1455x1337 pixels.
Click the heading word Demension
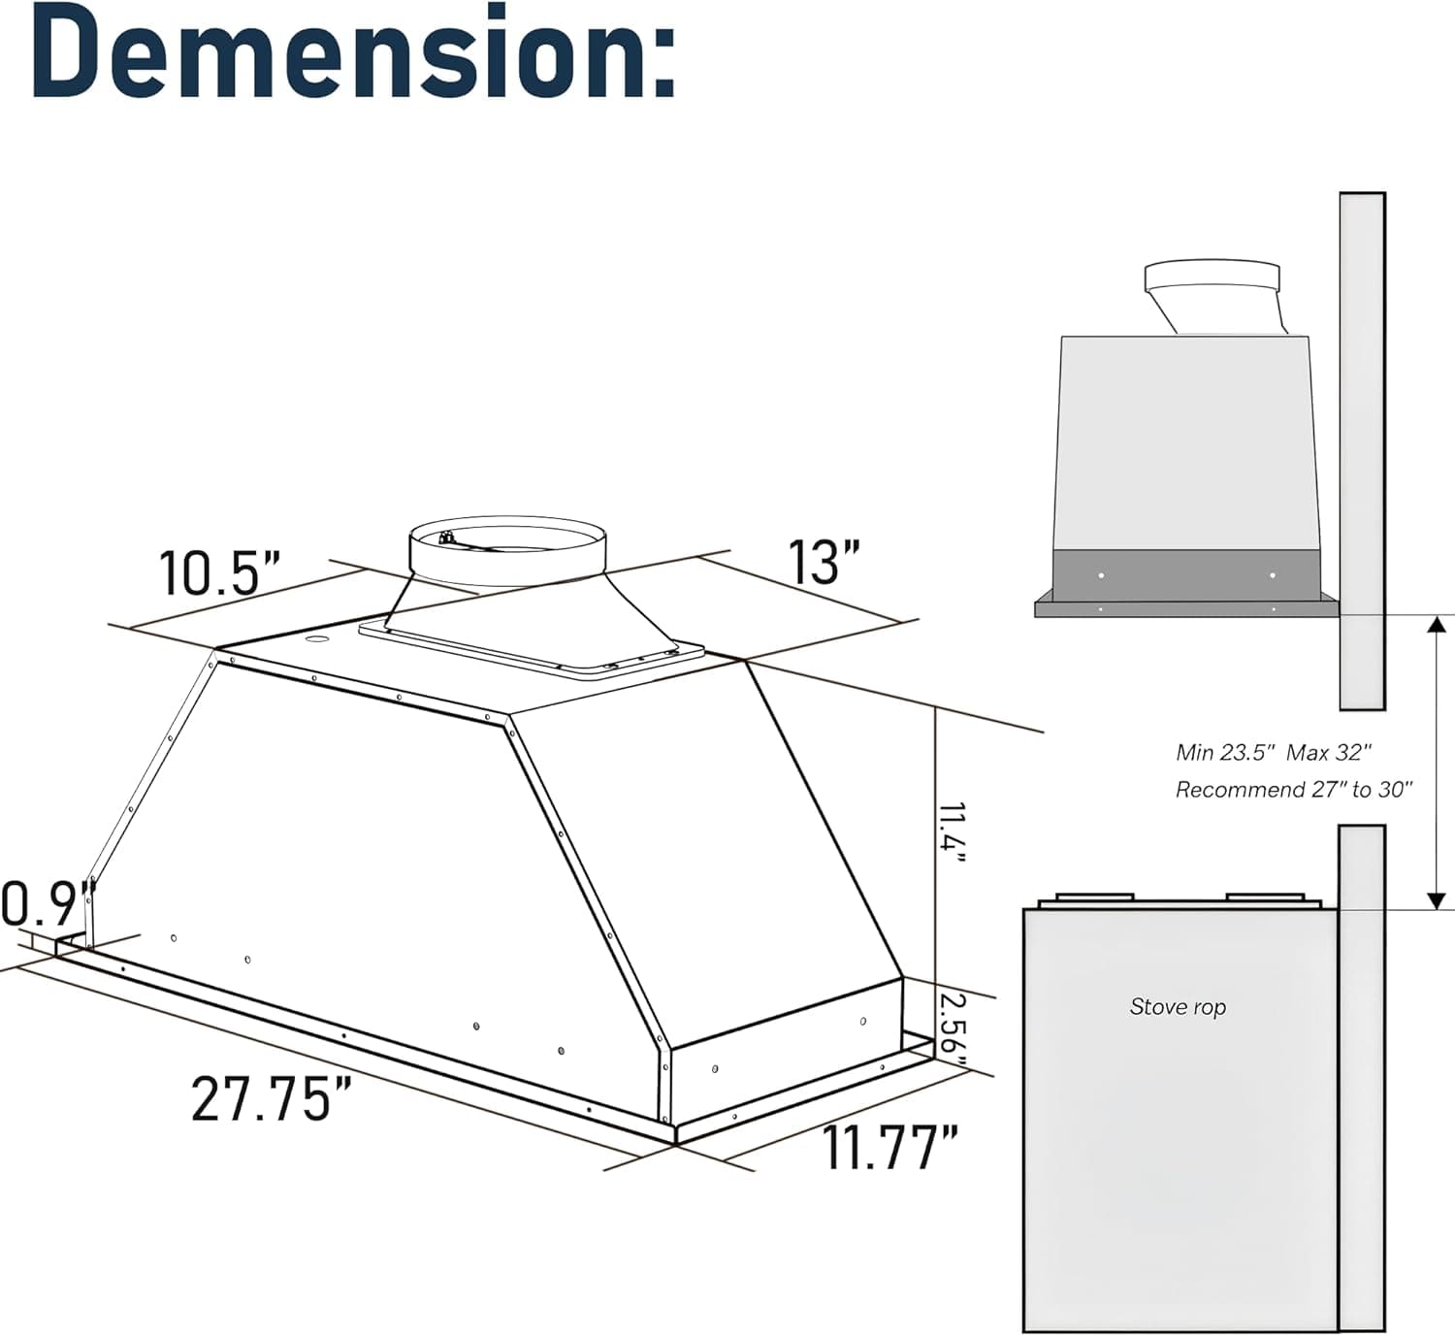click(354, 53)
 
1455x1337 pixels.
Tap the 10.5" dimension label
click(219, 572)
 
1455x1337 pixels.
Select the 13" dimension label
click(824, 562)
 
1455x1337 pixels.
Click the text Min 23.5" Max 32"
click(1274, 752)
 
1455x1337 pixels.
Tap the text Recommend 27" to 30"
click(1294, 790)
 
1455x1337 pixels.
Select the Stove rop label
click(1178, 1007)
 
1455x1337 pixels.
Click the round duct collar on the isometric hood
click(507, 552)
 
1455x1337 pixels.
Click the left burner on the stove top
click(1094, 897)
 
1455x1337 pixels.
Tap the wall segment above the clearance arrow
click(1362, 446)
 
